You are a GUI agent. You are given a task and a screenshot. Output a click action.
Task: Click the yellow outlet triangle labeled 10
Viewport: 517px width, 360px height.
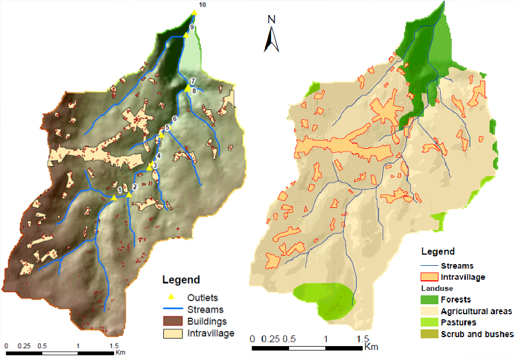click(194, 12)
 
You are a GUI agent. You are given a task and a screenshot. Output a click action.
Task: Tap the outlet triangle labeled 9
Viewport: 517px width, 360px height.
click(186, 35)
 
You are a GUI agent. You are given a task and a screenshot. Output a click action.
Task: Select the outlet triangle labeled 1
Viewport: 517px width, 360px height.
click(114, 197)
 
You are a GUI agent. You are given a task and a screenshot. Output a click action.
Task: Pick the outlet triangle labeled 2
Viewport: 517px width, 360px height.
click(129, 194)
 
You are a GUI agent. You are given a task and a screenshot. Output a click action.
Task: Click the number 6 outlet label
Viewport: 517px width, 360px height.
click(174, 119)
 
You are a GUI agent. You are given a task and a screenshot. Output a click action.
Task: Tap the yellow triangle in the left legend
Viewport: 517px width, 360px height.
click(172, 298)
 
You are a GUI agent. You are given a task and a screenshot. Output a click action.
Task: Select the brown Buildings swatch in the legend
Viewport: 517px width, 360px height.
click(171, 322)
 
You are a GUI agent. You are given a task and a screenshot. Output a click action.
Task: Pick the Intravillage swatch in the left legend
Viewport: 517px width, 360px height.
click(171, 333)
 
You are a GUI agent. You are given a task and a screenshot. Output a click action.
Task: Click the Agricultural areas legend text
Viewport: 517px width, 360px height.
click(476, 312)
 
